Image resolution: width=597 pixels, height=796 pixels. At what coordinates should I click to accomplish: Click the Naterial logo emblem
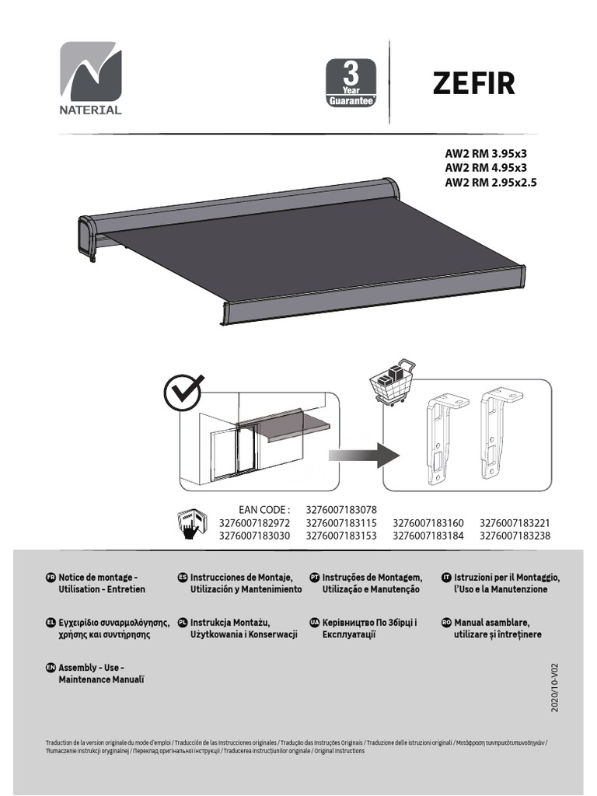(x=91, y=72)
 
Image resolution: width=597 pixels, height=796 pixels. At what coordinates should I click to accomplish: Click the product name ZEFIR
(x=473, y=83)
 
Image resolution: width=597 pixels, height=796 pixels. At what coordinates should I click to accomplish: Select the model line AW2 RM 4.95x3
(x=485, y=168)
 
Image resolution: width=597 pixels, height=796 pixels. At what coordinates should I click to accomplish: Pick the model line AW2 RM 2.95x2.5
(x=491, y=183)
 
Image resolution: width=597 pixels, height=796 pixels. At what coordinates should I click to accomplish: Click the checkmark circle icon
(x=183, y=394)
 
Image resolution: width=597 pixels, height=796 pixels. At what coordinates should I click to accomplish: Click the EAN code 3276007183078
(x=341, y=509)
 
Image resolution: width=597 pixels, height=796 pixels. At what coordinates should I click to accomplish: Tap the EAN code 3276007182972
(x=254, y=522)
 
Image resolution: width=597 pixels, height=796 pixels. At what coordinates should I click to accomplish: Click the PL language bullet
(x=183, y=623)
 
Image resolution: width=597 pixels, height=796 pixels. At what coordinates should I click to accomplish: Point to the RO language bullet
(x=446, y=623)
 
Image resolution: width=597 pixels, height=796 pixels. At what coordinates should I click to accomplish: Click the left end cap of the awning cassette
(x=87, y=236)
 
